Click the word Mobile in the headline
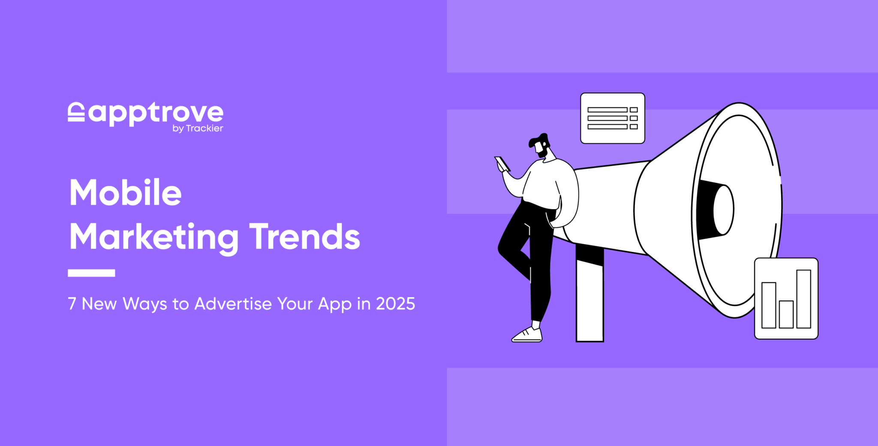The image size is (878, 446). click(125, 193)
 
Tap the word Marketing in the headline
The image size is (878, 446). click(154, 237)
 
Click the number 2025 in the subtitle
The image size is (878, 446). click(395, 304)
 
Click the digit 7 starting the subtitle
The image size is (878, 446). click(72, 304)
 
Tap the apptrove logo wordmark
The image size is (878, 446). click(156, 113)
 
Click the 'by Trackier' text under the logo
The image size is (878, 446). click(198, 129)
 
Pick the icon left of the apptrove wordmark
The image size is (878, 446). click(76, 112)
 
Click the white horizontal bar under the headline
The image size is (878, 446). click(91, 273)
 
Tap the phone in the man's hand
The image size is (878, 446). click(502, 163)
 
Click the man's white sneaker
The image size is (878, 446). click(527, 335)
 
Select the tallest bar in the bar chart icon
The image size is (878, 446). click(803, 299)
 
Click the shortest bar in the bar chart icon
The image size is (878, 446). click(786, 314)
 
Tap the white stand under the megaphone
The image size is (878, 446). click(589, 300)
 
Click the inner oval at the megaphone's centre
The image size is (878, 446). click(724, 210)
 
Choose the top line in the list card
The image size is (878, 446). click(607, 110)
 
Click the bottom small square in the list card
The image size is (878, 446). click(634, 127)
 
